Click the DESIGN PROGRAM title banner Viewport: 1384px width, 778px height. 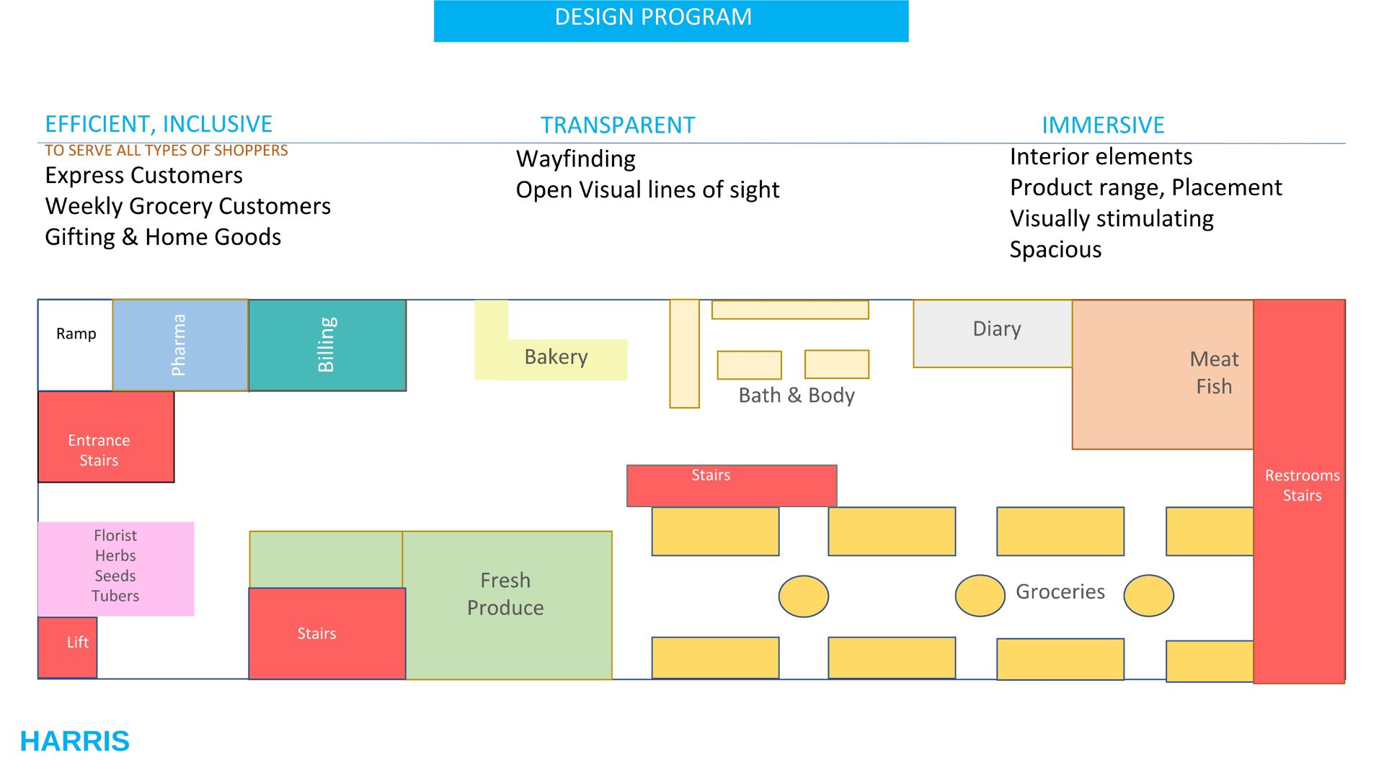(x=670, y=20)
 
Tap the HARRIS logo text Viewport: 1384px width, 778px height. (x=75, y=741)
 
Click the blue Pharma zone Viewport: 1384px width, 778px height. (x=180, y=345)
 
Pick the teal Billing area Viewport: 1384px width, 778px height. (x=327, y=345)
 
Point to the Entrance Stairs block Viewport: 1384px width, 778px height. (x=106, y=437)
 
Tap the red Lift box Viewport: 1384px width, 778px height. (x=68, y=646)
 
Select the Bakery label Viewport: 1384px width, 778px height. (x=556, y=357)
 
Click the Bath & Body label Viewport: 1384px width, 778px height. (x=797, y=395)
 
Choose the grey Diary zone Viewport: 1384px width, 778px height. (x=993, y=333)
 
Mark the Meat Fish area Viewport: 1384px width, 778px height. (x=1162, y=374)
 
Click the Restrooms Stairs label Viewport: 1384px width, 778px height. (x=1302, y=486)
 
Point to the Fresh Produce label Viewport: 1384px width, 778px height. (x=505, y=594)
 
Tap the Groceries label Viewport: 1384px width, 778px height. (x=1060, y=592)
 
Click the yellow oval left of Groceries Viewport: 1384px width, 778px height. (x=980, y=596)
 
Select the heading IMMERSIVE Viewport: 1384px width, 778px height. (x=1103, y=125)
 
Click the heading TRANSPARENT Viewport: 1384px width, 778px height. (x=618, y=125)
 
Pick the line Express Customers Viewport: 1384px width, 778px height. (x=143, y=176)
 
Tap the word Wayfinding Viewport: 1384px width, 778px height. (x=576, y=159)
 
